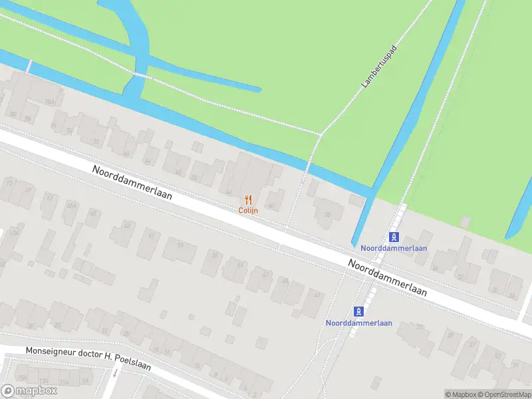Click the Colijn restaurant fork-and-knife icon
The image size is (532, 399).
pos(248,199)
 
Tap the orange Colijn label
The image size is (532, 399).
pos(248,210)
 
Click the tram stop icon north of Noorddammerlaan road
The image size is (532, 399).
pos(394,237)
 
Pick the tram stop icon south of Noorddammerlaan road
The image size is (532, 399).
pos(359,311)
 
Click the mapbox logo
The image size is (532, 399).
pos(29,390)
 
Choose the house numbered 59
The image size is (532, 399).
pos(180,245)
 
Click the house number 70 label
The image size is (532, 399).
pos(96,142)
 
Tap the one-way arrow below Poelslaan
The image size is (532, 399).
pos(114,372)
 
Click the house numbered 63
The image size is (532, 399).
pos(126,225)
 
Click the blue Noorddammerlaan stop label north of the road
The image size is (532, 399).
pos(394,249)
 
